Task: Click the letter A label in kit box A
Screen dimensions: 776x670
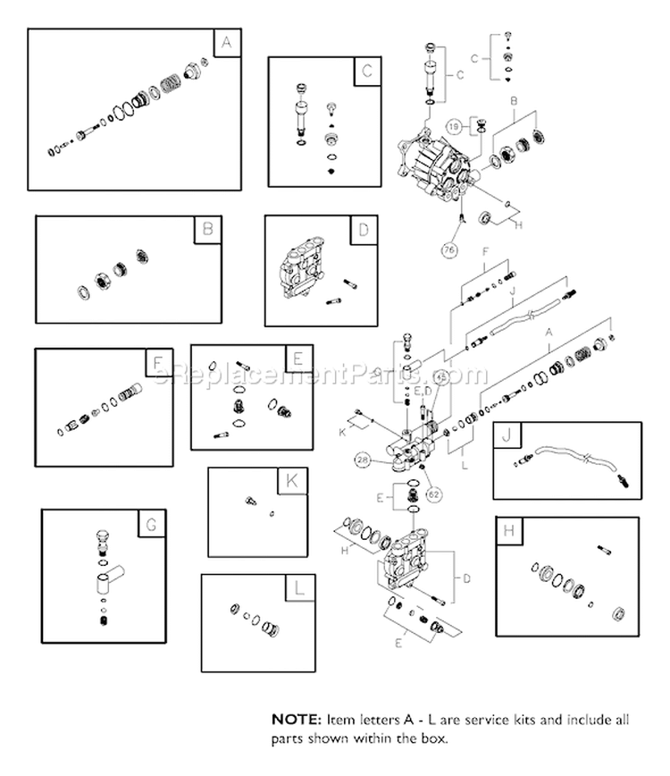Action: (x=226, y=43)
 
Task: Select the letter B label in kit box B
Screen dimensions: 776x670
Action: (x=206, y=230)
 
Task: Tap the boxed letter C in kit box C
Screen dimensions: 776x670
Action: (x=366, y=72)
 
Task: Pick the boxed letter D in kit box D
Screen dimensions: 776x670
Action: (x=362, y=230)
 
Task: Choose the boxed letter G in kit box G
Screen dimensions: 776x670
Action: (x=151, y=524)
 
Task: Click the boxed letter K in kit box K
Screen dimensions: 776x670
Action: (x=291, y=481)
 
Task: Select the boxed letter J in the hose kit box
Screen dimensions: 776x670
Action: (x=507, y=437)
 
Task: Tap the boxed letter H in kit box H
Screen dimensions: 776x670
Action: (x=509, y=533)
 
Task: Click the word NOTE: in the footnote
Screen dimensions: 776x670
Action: (x=294, y=718)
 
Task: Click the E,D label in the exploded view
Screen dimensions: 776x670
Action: (x=426, y=391)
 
